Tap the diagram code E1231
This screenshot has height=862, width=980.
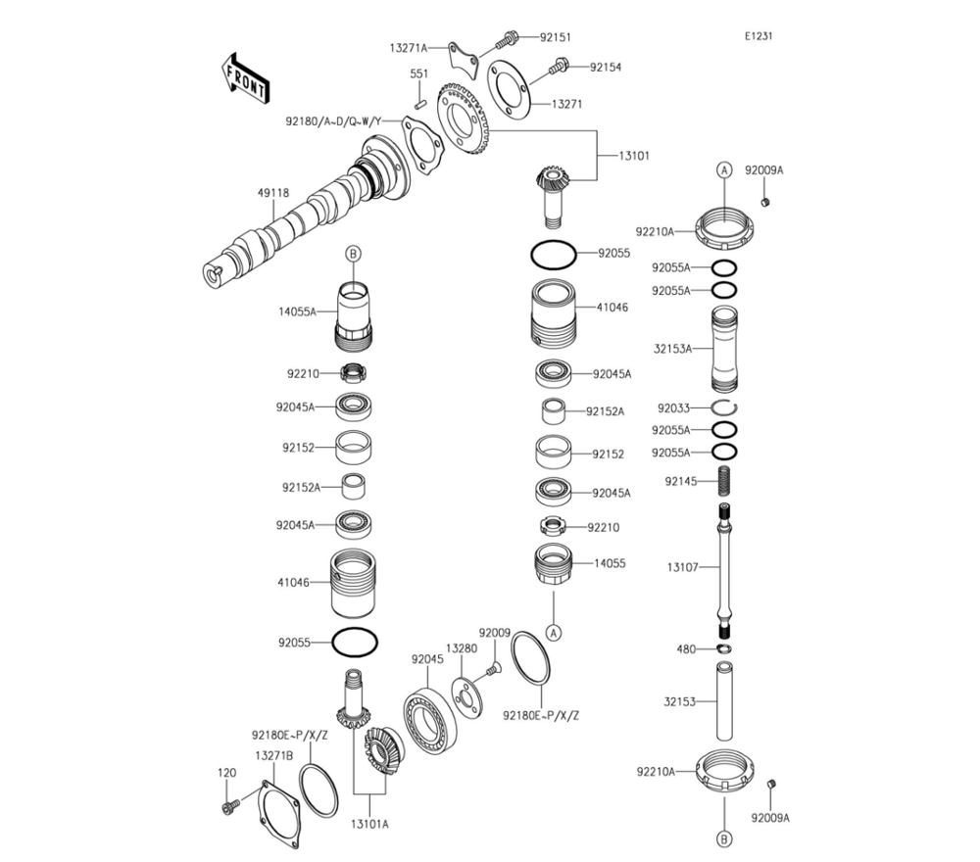(x=758, y=36)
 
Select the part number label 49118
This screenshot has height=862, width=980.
(x=273, y=193)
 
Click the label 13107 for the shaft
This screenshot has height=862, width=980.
(x=682, y=567)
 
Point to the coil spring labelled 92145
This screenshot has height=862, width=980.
(x=726, y=481)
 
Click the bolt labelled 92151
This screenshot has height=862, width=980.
(x=509, y=39)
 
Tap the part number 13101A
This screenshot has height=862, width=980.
(x=368, y=824)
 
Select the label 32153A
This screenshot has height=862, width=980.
(x=672, y=348)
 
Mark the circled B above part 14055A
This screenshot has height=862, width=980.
(x=353, y=254)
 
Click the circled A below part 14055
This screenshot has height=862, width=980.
(x=553, y=632)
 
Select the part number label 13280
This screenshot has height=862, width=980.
(x=461, y=647)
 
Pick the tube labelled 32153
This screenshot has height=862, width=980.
(x=726, y=701)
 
